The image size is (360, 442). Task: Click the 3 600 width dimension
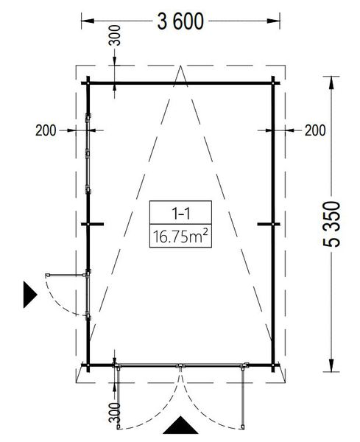(x=180, y=21)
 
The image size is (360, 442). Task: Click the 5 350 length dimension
(x=331, y=224)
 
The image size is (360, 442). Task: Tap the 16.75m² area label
(x=180, y=236)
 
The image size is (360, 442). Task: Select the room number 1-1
(x=180, y=213)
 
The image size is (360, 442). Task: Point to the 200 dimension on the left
(x=46, y=130)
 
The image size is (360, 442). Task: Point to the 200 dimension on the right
(x=315, y=130)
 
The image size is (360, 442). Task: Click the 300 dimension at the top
(x=114, y=35)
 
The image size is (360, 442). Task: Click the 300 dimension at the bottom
(x=114, y=413)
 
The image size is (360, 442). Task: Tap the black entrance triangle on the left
(x=29, y=295)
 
